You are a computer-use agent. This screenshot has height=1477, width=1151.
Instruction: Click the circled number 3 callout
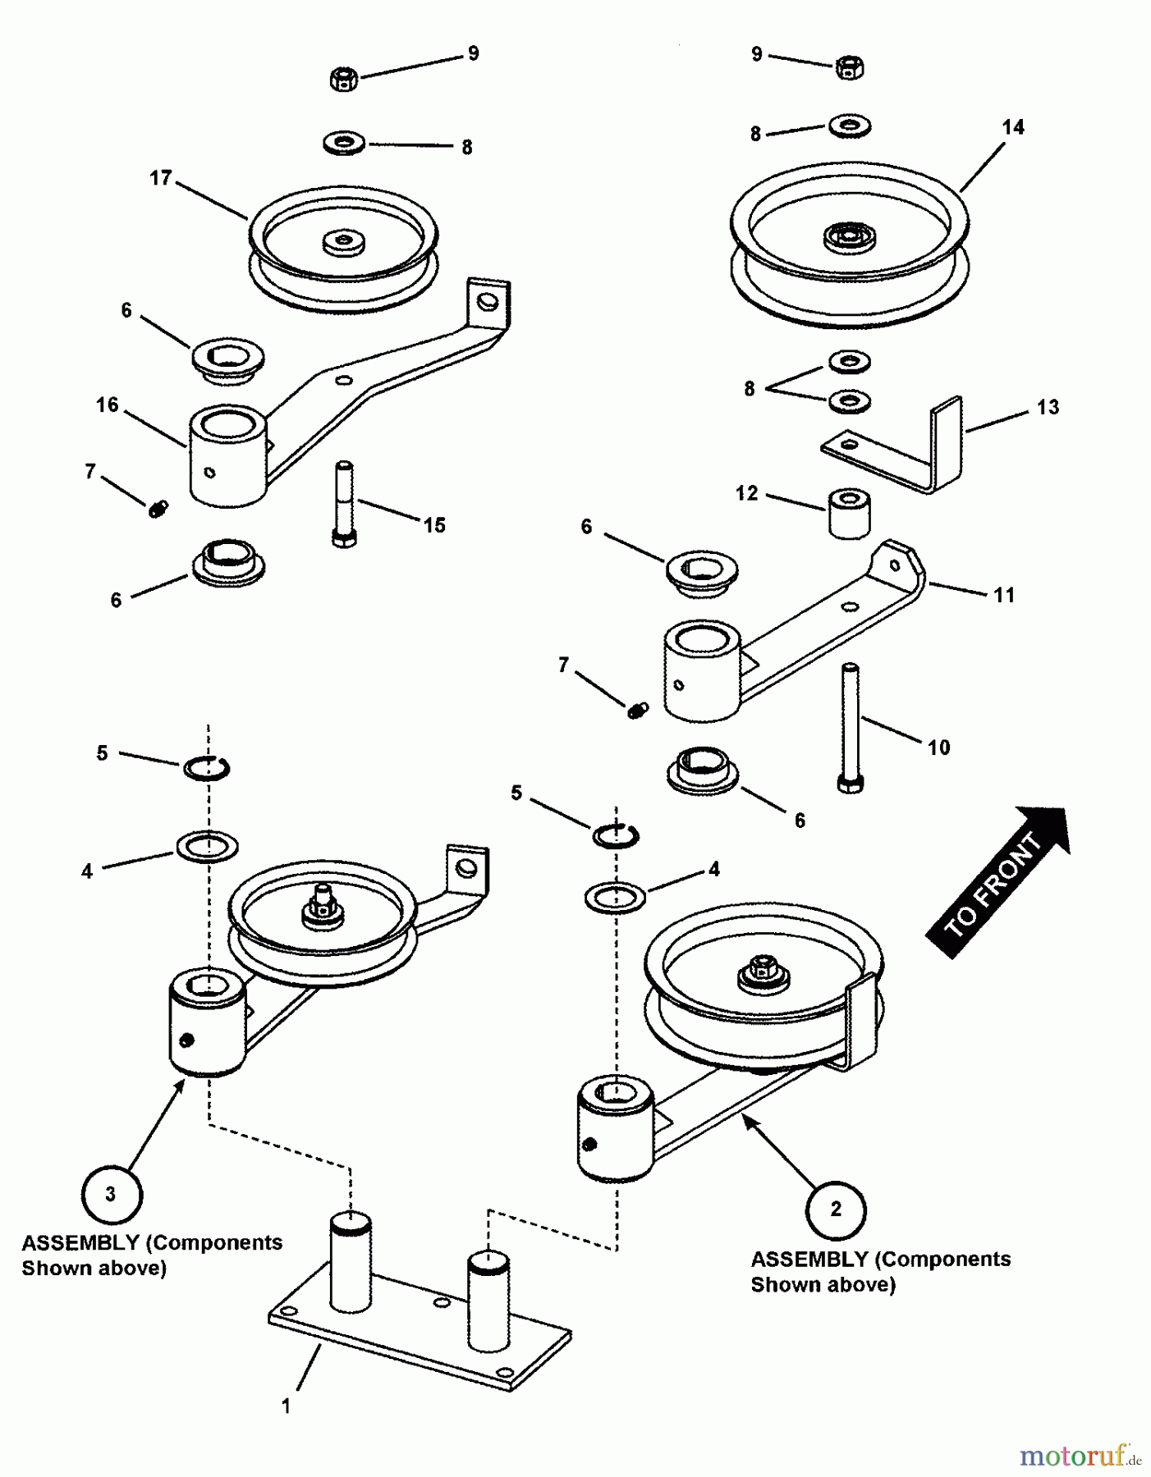tap(112, 1194)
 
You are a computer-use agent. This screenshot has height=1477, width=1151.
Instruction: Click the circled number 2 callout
tap(836, 1209)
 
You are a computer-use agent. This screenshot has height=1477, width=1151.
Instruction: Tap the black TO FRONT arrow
tap(998, 883)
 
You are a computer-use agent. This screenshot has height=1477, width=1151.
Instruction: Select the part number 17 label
tap(161, 178)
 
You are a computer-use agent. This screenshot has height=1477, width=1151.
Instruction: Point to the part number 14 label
tap(1013, 127)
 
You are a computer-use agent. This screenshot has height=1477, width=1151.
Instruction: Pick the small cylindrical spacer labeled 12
tap(849, 514)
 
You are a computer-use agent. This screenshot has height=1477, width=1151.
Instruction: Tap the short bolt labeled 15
tap(344, 505)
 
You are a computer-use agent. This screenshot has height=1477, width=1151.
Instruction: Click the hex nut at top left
tap(344, 80)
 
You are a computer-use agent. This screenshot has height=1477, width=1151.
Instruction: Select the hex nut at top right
tap(849, 67)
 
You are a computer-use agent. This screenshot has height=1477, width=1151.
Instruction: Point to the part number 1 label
tap(286, 1406)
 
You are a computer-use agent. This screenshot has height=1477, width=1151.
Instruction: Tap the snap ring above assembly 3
tap(206, 768)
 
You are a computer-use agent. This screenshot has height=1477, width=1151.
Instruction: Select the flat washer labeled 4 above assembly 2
tap(616, 897)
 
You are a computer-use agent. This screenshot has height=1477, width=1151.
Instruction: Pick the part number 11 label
tap(1004, 595)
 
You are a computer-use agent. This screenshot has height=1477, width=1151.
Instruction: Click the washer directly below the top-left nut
tap(345, 144)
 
